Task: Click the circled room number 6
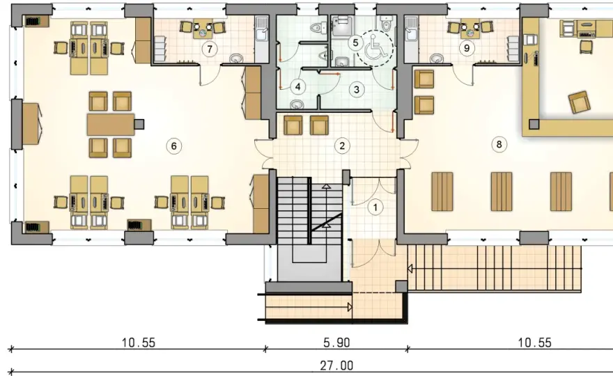174,146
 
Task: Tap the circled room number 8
499,145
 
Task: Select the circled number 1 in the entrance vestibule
375,207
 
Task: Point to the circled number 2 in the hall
342,146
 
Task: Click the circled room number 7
210,49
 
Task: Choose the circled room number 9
467,48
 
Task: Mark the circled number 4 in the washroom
298,86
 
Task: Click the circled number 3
356,90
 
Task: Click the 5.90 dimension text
336,343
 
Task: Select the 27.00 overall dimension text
336,366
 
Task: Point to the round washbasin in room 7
237,58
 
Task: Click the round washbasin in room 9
437,58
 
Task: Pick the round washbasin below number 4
298,104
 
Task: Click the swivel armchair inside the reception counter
579,102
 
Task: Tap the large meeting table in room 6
111,125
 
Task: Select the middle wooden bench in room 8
501,191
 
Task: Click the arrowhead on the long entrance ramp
410,269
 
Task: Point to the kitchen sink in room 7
261,30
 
